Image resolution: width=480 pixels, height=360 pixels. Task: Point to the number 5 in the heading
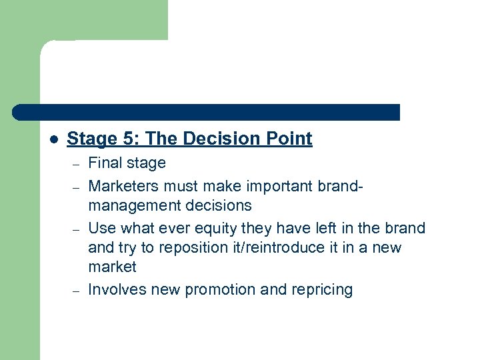click(129, 139)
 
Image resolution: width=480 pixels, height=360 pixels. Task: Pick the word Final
click(105, 163)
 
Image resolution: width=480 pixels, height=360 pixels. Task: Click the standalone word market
click(112, 267)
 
